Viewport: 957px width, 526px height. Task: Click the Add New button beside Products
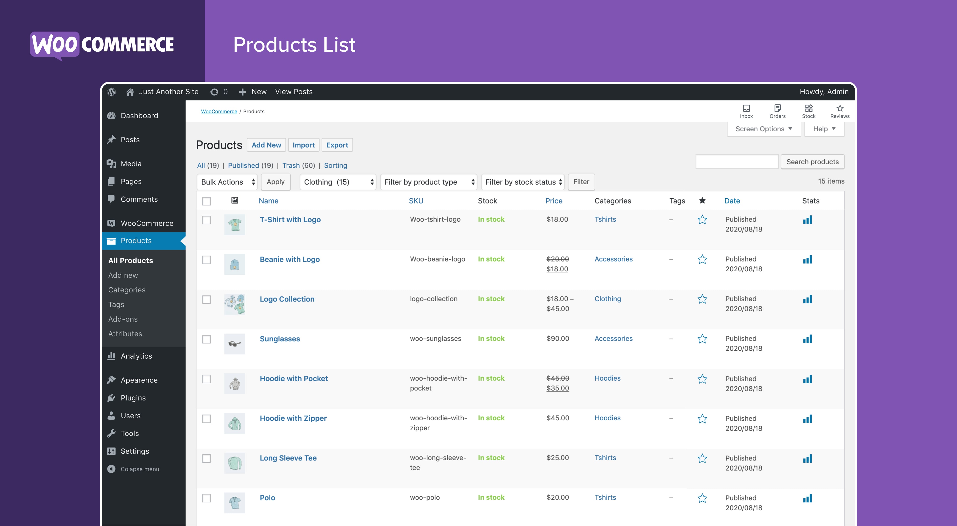coord(266,145)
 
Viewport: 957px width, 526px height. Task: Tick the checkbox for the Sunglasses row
coord(206,339)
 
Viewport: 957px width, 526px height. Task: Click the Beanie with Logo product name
coord(289,259)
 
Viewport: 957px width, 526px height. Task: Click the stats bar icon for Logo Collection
coord(807,299)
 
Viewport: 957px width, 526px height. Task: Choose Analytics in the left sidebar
coord(136,356)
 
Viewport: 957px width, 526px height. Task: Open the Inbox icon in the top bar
coord(746,111)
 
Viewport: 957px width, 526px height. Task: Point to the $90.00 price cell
coord(558,339)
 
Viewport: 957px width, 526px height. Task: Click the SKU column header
coord(416,201)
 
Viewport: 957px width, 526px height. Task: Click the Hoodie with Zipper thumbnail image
coord(234,423)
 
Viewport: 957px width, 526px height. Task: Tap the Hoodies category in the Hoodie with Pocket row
coord(607,378)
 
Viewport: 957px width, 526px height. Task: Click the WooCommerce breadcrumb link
coord(219,111)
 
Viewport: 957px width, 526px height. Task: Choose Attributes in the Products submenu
coord(125,334)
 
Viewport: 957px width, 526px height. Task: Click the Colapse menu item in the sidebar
coord(139,469)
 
